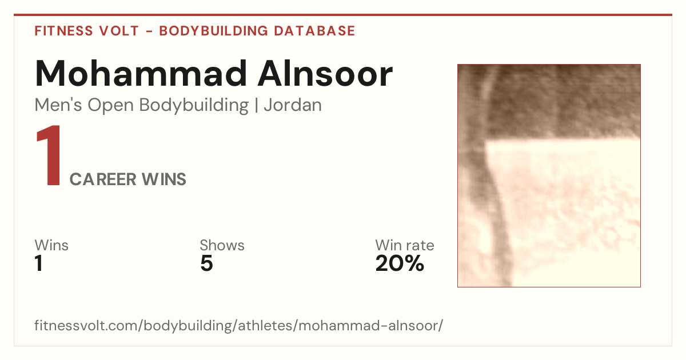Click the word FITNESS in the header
[x=63, y=31]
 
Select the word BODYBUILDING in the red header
[x=213, y=31]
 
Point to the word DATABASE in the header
[x=314, y=31]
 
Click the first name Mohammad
[x=141, y=74]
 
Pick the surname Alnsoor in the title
[x=325, y=74]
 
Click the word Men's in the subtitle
[x=58, y=105]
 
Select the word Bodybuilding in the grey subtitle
[x=194, y=106]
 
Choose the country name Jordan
[x=293, y=105]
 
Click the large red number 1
[x=49, y=155]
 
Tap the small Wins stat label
[x=51, y=245]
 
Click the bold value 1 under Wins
[x=39, y=263]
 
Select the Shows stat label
[x=222, y=245]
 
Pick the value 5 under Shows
[x=206, y=263]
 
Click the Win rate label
[x=405, y=245]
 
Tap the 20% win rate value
[x=400, y=263]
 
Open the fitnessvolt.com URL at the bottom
[x=239, y=326]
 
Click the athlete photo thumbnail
[x=549, y=176]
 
